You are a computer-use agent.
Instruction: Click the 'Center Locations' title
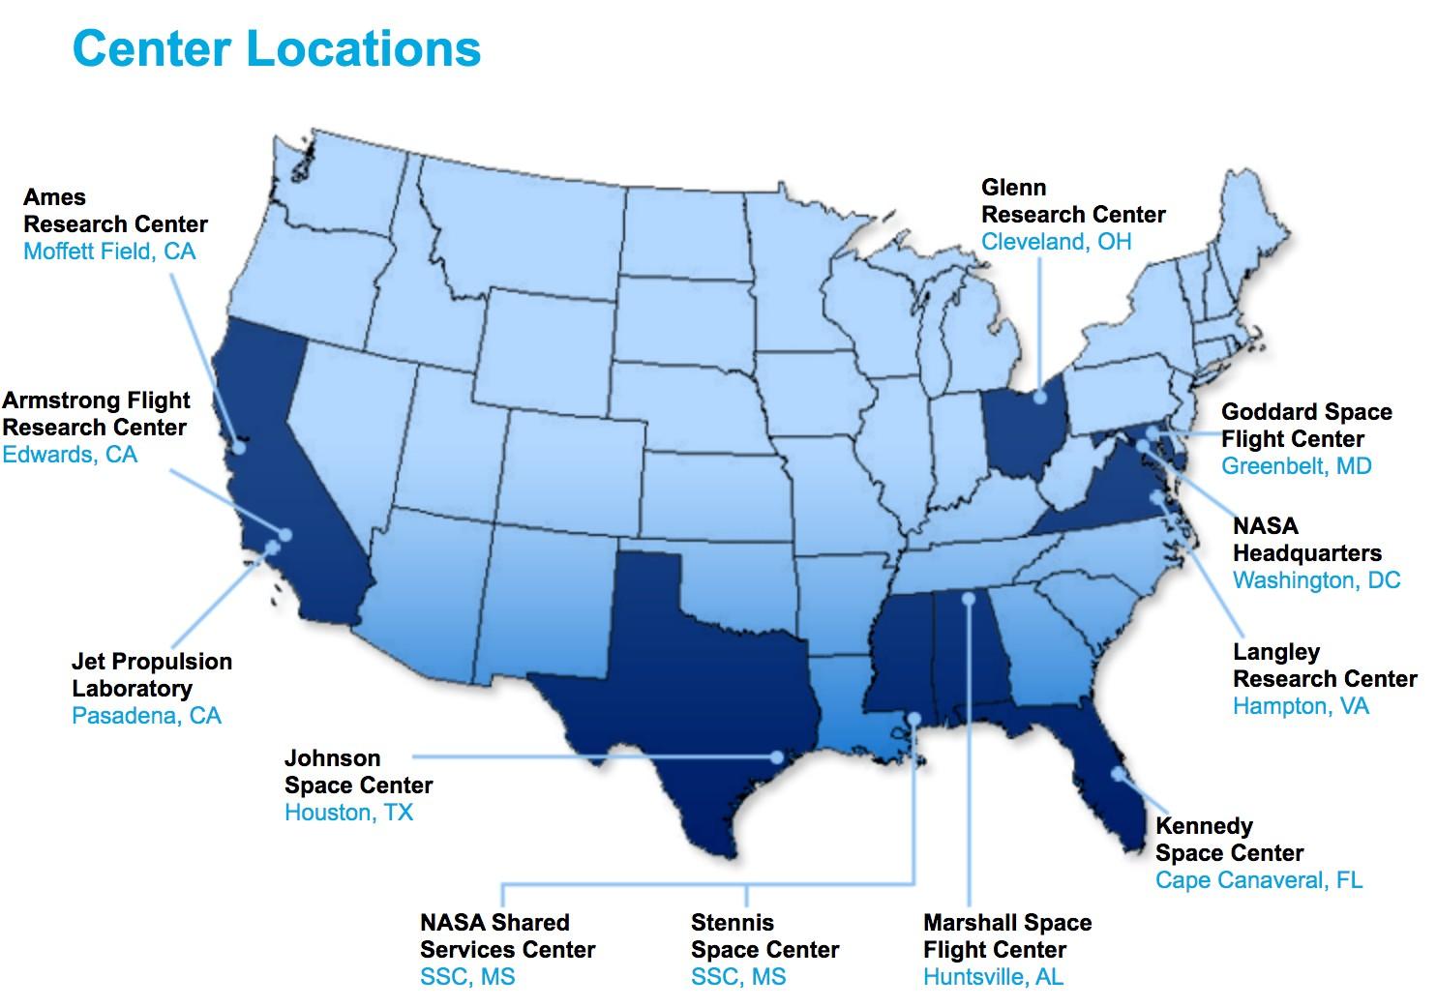tap(276, 48)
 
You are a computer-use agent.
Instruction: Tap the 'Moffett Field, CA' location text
tap(109, 252)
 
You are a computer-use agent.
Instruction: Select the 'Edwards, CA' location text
tap(70, 455)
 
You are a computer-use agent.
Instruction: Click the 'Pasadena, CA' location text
tap(146, 716)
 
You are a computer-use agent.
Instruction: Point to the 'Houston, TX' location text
tap(348, 813)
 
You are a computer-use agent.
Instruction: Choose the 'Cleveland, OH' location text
tap(1056, 242)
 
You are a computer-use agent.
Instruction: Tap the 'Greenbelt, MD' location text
tap(1296, 466)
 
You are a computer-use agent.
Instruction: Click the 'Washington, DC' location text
tap(1316, 580)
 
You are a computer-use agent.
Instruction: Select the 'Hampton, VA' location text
tap(1301, 706)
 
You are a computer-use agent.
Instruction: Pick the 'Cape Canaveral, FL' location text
tap(1258, 880)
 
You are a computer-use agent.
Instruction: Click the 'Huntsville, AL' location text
tap(993, 977)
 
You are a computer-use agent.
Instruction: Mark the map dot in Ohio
tap(1040, 396)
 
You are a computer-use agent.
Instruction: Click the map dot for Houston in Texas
tap(777, 757)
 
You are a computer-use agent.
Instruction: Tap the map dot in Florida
tap(1117, 774)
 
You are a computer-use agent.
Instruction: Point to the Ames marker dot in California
tap(239, 448)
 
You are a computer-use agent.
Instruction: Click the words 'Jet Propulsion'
tap(152, 662)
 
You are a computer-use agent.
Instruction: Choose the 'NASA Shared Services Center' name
tap(507, 936)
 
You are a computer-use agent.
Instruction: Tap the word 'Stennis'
tap(733, 923)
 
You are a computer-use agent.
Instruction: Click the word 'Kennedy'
tap(1204, 826)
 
